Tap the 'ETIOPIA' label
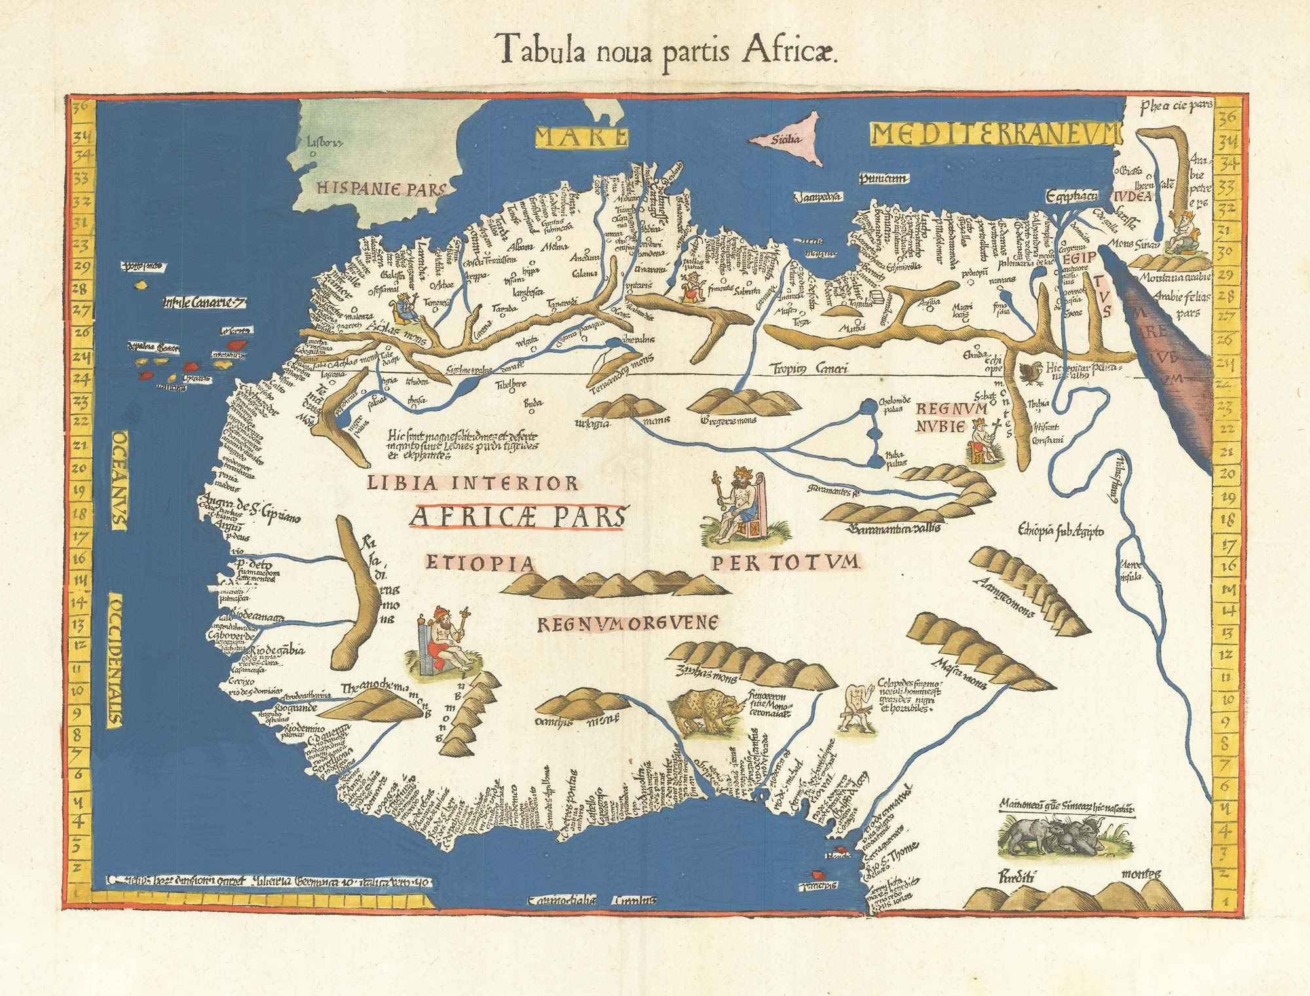click(x=480, y=563)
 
